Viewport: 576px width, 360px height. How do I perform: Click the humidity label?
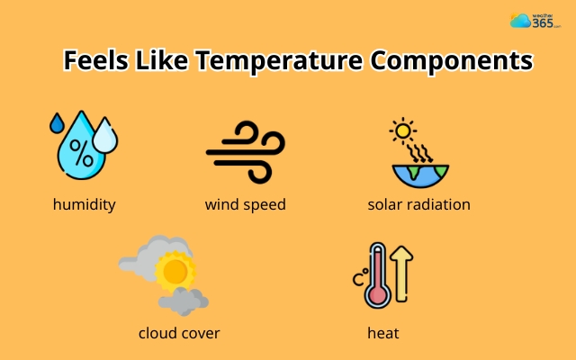click(x=85, y=204)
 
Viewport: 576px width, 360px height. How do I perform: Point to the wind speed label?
click(x=245, y=204)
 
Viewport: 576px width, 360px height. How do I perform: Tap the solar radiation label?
click(x=418, y=204)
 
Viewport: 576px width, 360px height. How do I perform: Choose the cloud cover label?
click(x=179, y=333)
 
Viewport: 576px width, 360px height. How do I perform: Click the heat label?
click(x=383, y=333)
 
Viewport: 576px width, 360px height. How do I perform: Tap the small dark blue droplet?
click(x=57, y=122)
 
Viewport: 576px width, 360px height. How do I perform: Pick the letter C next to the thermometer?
click(x=358, y=278)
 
